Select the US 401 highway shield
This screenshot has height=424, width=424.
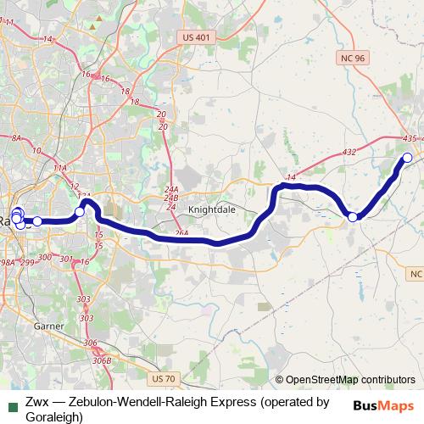pyautogui.click(x=198, y=37)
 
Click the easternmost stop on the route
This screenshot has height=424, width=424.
pyautogui.click(x=407, y=157)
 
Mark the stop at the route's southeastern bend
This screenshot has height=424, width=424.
pyautogui.click(x=354, y=217)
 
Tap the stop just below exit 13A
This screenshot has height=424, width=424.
pyautogui.click(x=80, y=211)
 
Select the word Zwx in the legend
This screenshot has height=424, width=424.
pyautogui.click(x=36, y=403)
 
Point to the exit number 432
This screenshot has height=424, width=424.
pyautogui.click(x=349, y=152)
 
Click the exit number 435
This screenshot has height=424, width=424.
pyautogui.click(x=410, y=138)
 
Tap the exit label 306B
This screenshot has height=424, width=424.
pyautogui.click(x=102, y=361)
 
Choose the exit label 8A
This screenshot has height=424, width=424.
pyautogui.click(x=15, y=137)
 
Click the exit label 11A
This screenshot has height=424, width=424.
pyautogui.click(x=59, y=169)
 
